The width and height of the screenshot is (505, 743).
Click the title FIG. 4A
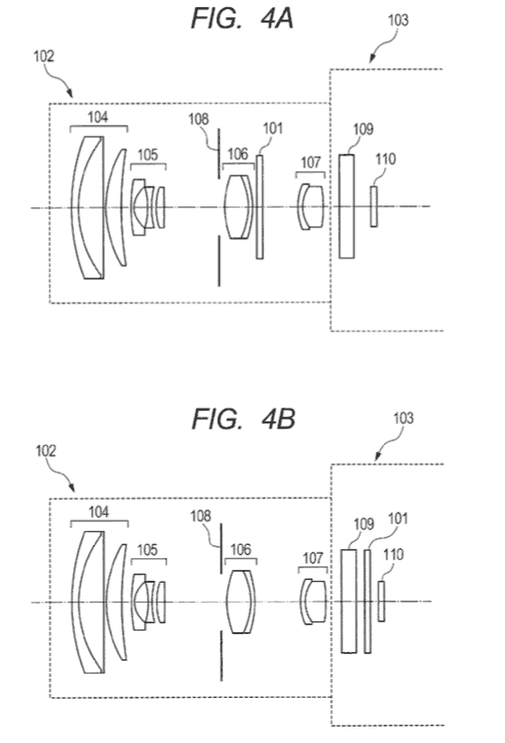242,20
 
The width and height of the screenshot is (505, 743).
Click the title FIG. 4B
244,419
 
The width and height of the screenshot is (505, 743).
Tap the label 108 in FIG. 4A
199,119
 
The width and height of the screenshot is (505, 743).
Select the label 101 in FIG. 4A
273,129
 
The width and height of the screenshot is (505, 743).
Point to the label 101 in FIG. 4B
398,519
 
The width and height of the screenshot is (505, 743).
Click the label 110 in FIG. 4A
385,159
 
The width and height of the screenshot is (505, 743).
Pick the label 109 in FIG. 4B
364,524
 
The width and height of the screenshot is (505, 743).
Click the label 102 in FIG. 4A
43,56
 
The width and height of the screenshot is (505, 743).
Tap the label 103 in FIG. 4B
403,419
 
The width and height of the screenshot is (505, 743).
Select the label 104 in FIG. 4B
98,512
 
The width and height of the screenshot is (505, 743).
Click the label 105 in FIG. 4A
148,155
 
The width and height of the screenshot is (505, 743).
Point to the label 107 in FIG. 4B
312,558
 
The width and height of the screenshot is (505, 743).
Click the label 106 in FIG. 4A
238,153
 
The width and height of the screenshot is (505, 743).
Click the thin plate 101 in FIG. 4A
259,206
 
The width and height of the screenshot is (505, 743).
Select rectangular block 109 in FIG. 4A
347,206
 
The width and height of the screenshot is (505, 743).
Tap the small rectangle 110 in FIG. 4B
382,601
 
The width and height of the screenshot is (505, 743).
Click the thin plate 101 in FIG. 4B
367,602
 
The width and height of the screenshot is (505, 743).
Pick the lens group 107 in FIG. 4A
311,206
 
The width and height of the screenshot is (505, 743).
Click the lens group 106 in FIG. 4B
241,602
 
